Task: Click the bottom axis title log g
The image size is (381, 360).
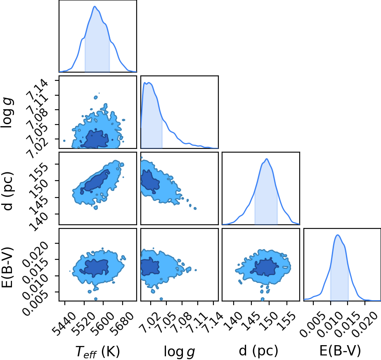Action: (x=179, y=351)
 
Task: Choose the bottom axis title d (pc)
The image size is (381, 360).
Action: (x=258, y=351)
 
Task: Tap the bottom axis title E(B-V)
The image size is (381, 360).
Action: (x=340, y=351)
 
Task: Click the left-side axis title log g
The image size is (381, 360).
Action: (x=7, y=113)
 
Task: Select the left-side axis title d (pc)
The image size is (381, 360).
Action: (x=7, y=191)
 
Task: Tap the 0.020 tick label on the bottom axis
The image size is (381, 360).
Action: (x=367, y=321)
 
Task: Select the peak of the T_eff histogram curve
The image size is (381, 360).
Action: (x=95, y=6)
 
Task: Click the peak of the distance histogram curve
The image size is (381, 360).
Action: (x=267, y=159)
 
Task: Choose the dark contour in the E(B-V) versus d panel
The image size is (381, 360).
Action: (x=265, y=267)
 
